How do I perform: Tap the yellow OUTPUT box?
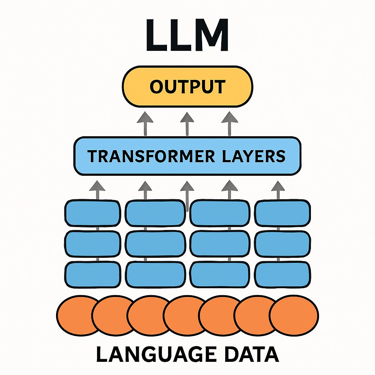click(187, 87)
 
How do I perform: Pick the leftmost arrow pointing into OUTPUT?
click(145, 123)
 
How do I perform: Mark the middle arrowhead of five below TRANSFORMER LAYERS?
click(187, 187)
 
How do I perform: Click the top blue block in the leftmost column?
click(93, 213)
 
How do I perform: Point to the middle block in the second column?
click(155, 244)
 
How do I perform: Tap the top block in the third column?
click(219, 213)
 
